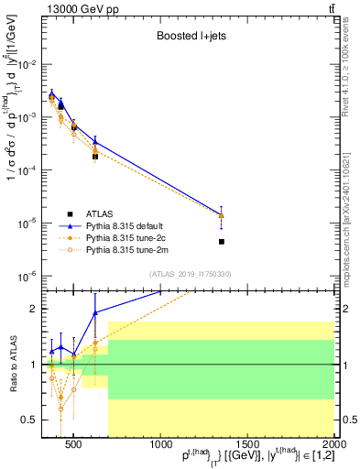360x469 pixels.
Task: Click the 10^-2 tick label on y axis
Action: point(28,64)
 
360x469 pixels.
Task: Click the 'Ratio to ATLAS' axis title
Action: point(10,365)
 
